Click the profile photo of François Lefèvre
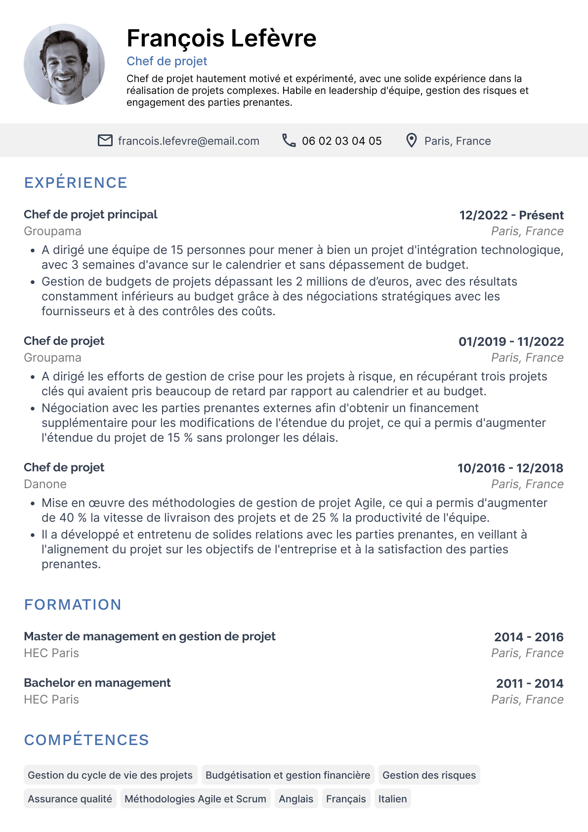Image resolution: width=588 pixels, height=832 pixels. pos(64,64)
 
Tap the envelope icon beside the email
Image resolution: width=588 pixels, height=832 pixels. pos(105,141)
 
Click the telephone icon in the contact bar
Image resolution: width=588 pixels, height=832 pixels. pos(289,141)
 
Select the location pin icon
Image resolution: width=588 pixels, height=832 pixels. pos(411,141)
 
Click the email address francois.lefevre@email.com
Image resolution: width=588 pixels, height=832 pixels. pos(188,141)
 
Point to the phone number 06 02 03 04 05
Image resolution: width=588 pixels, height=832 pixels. pos(341,141)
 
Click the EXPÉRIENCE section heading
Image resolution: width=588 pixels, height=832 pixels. pos(76,183)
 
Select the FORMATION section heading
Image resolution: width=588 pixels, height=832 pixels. pos(73,605)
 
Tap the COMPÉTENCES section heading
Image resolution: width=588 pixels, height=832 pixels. pos(86,740)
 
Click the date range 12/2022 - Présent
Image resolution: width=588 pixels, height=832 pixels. pos(511,215)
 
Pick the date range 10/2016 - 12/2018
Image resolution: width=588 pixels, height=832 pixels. pos(510,468)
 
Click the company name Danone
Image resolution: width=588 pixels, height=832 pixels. pos(45,484)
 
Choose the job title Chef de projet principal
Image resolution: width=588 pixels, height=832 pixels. pos(90,214)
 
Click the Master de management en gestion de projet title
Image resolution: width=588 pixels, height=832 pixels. pos(150,636)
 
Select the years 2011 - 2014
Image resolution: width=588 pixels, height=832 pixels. pos(529,684)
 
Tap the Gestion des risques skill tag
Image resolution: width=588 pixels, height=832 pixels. pos(429,775)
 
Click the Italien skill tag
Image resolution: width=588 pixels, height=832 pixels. pos(392,799)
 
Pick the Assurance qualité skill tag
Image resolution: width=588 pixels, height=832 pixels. pos(70,799)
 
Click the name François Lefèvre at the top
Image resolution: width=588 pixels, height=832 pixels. pos(221,39)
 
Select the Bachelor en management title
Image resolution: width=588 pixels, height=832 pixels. pos(97,683)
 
